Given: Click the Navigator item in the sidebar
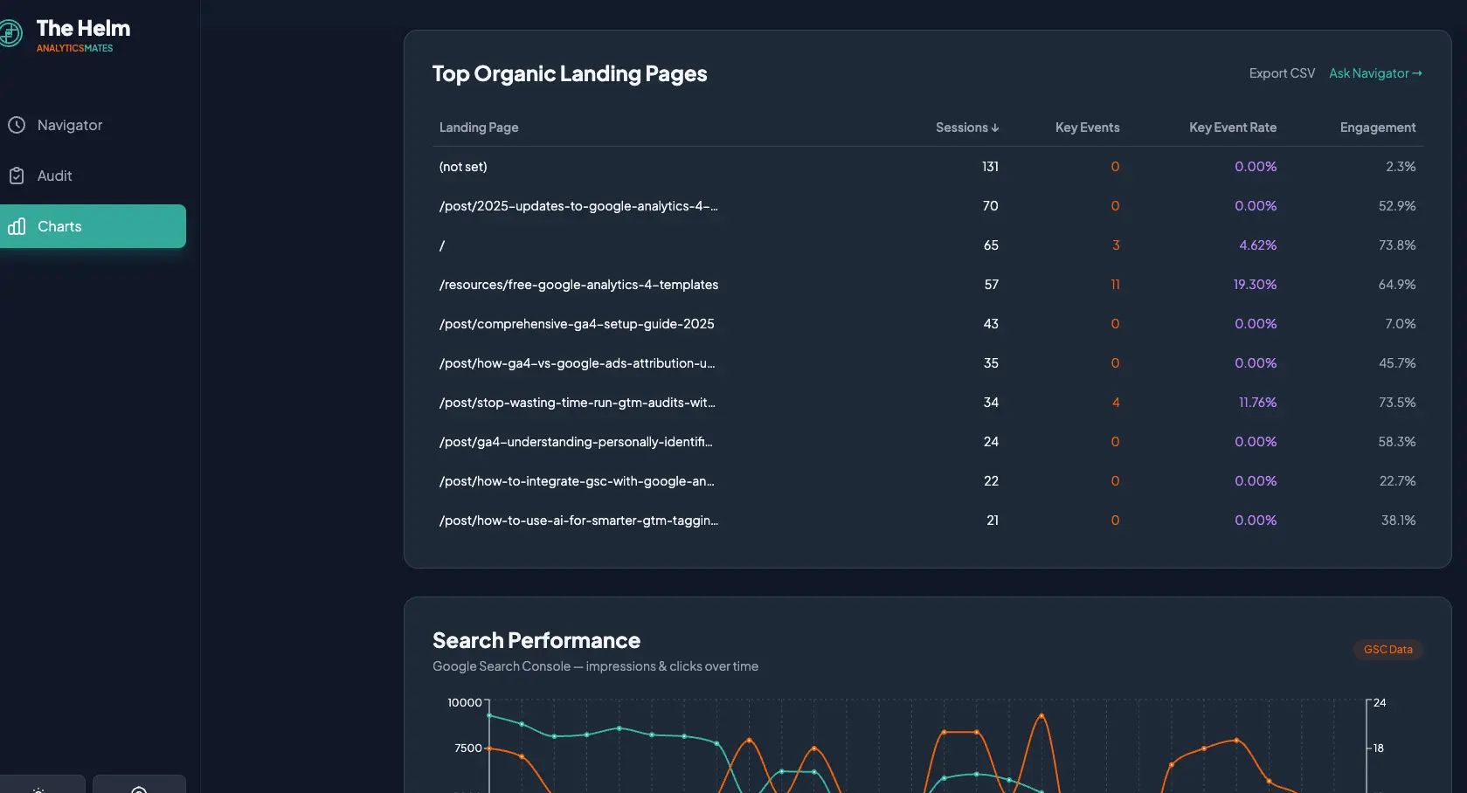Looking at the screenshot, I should pos(69,125).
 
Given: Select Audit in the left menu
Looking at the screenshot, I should pos(54,176).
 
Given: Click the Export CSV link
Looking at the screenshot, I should pos(1282,73).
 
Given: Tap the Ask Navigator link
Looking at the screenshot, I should pos(1375,73).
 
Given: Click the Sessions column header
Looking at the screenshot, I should pos(966,128).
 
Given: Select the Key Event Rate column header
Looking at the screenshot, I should pos(1232,128).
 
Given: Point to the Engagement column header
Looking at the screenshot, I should pos(1377,128).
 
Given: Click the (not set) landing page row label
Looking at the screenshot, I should pos(463,167).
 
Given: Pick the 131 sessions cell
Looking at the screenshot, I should pos(990,167).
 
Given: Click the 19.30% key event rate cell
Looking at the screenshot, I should pos(1255,285).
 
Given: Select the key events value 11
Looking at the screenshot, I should pos(1115,285).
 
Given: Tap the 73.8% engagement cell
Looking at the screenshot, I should pos(1396,245).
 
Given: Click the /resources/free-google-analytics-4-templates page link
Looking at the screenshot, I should pos(578,285).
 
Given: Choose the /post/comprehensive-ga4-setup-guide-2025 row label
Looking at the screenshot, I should pos(577,324).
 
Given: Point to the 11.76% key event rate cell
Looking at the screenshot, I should pos(1257,403).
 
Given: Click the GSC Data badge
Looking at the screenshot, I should pos(1387,650).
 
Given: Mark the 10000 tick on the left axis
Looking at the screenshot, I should pos(465,703).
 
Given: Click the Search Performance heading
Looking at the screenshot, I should pos(536,640).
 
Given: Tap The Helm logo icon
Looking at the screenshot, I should pos(10,34).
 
